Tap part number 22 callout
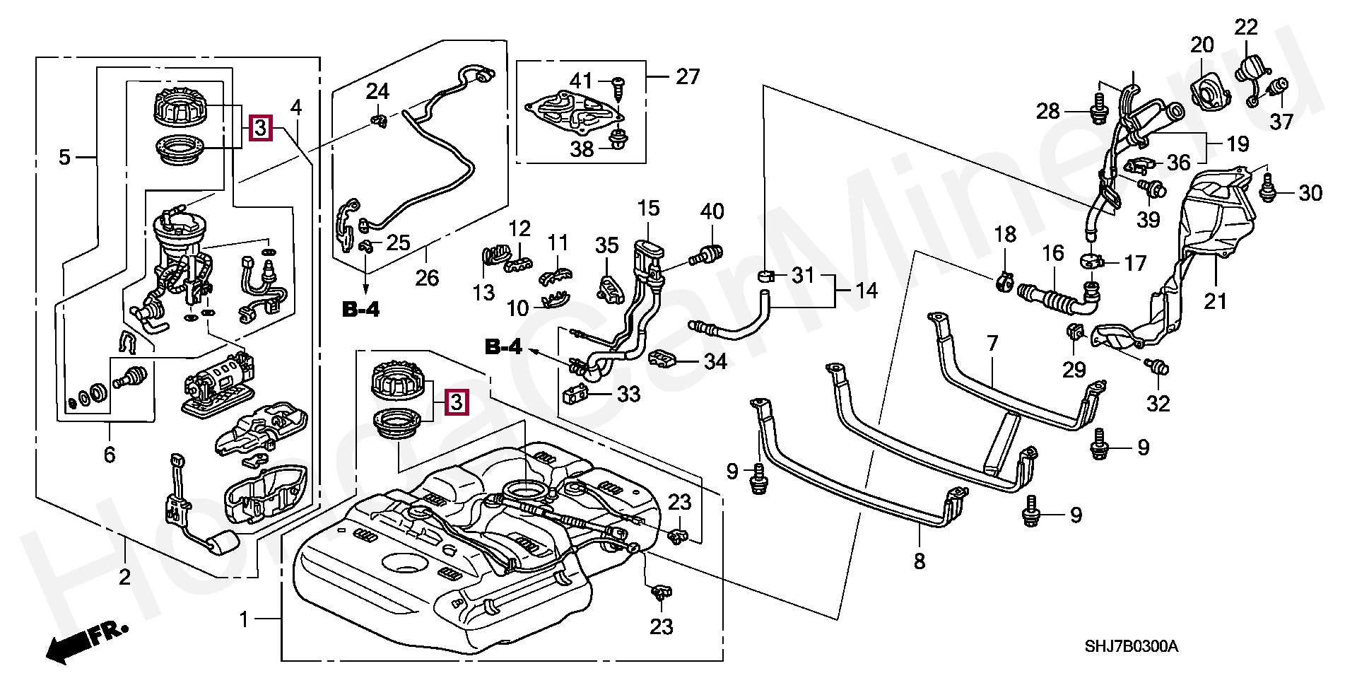point(1246,28)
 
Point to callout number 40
point(712,211)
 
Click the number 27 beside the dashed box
point(687,76)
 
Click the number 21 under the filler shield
point(1216,301)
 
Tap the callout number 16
point(1053,253)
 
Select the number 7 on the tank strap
point(992,344)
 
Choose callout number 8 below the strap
point(919,562)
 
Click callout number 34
point(715,362)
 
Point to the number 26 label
point(427,278)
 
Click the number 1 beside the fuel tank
point(244,620)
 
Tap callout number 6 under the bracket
point(109,455)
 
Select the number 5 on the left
point(64,157)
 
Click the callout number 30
point(1310,192)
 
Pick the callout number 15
point(647,208)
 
